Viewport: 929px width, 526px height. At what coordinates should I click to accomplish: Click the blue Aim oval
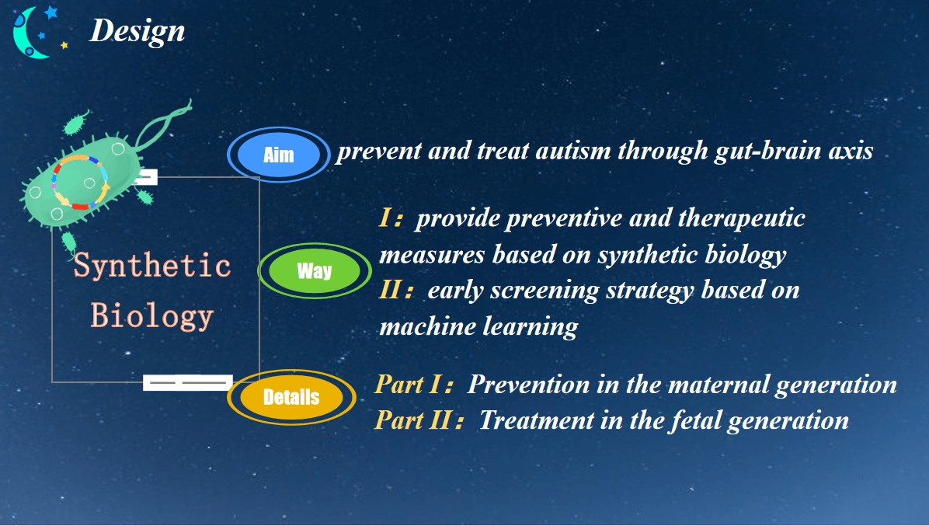pos(278,155)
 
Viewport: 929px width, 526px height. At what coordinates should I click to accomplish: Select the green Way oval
pos(315,270)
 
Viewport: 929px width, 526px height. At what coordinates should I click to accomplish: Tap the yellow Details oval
pos(291,397)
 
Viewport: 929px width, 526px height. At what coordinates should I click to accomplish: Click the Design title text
pos(137,30)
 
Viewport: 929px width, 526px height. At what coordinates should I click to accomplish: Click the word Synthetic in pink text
pos(151,266)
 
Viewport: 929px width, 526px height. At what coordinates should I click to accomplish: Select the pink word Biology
pos(151,315)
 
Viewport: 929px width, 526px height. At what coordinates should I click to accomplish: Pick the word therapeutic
pos(741,218)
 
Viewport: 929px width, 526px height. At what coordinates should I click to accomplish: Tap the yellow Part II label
pos(419,420)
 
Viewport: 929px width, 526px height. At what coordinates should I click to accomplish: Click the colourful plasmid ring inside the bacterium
pos(81,182)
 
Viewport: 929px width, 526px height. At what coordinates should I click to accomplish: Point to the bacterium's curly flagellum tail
pos(162,125)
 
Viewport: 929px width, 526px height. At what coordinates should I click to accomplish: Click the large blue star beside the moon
pos(50,12)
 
